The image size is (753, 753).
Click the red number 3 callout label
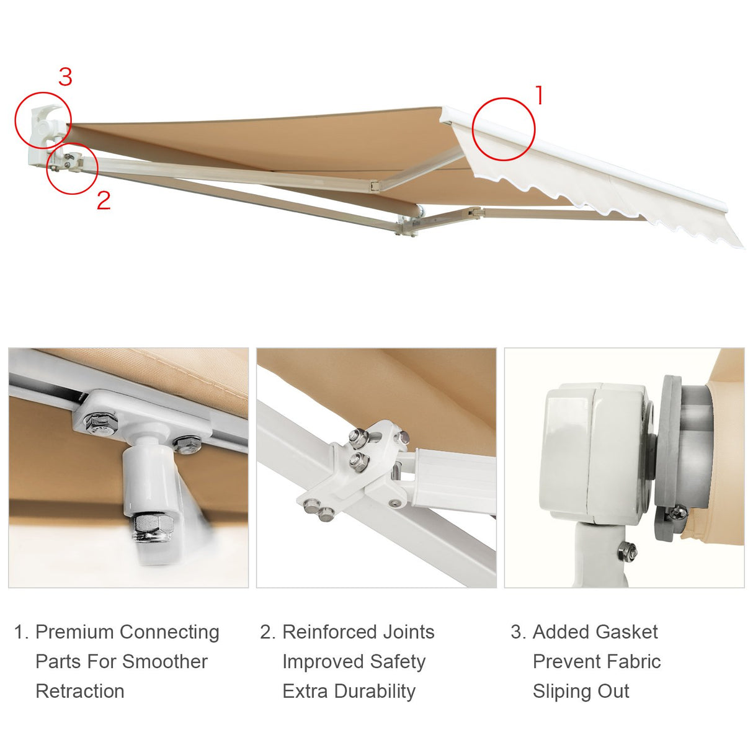coord(65,77)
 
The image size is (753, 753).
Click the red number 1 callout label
coord(539,96)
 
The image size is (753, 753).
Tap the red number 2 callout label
coord(104,200)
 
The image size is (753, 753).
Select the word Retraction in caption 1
coord(80,691)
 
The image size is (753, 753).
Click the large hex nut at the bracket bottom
coord(149,526)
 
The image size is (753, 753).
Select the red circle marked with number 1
coord(503,129)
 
